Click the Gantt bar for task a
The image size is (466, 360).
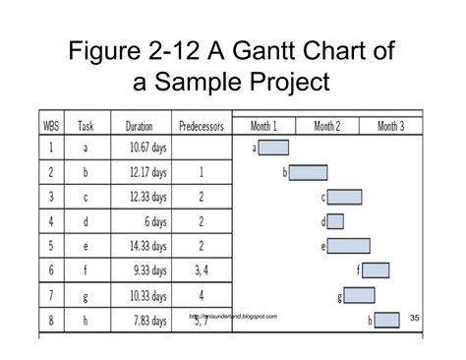click(x=274, y=149)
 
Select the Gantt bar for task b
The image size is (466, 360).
click(x=307, y=173)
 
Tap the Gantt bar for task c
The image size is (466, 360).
click(x=344, y=197)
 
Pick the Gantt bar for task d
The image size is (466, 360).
click(x=335, y=221)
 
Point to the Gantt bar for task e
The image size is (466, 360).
click(x=348, y=246)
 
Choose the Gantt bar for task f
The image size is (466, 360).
click(x=376, y=270)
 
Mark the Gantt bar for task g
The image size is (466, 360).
click(x=359, y=295)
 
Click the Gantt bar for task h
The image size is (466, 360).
click(x=386, y=319)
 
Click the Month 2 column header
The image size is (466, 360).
click(x=328, y=126)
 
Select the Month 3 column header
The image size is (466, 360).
click(x=390, y=126)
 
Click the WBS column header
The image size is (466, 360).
click(x=51, y=126)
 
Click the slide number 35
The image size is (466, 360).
click(x=414, y=317)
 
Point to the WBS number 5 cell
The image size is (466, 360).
click(x=51, y=246)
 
